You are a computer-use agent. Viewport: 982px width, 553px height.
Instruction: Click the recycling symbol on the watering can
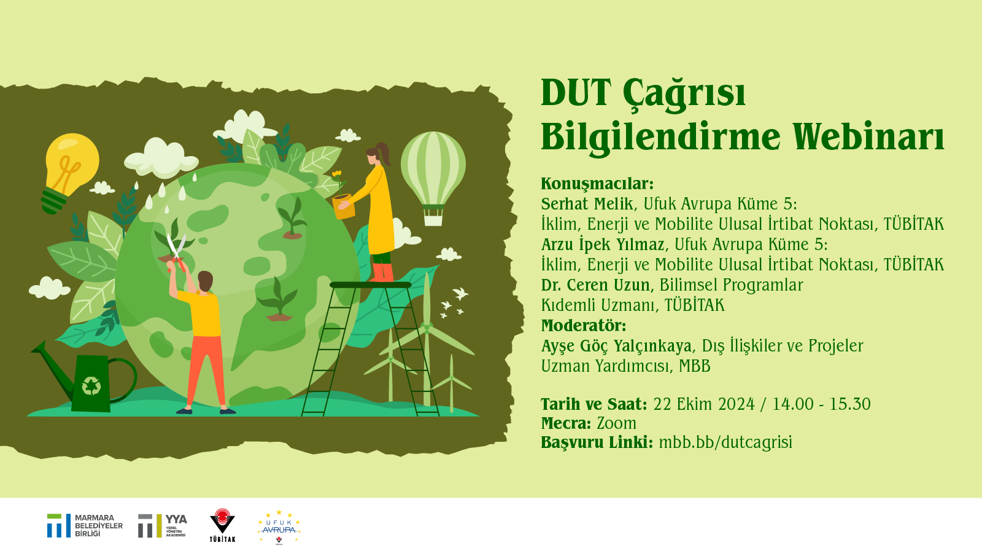pos(91,386)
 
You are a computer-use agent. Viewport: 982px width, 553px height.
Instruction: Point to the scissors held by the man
pos(176,253)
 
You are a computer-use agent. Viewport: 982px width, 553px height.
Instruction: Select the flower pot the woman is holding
pos(344,206)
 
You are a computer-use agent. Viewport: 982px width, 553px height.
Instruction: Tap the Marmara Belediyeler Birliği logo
pos(85,525)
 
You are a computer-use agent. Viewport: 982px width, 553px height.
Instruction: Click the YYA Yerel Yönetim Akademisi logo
pos(163,525)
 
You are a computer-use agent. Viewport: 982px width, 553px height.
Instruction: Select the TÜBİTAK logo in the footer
pos(222,525)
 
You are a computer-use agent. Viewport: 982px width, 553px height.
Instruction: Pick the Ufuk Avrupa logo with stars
pos(279,527)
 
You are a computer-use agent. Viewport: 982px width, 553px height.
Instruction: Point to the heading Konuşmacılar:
pos(597,184)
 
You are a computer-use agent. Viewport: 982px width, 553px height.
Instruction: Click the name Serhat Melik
pos(587,203)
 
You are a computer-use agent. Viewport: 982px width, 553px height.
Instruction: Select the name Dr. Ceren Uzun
pos(595,285)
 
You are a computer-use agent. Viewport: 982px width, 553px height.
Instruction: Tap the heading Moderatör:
pos(584,326)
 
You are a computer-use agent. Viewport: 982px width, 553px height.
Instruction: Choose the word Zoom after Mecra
pos(616,423)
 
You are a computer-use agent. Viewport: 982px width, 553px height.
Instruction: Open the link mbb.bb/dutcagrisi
pos(725,442)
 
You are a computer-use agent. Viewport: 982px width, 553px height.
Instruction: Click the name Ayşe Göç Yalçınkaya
pos(616,347)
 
